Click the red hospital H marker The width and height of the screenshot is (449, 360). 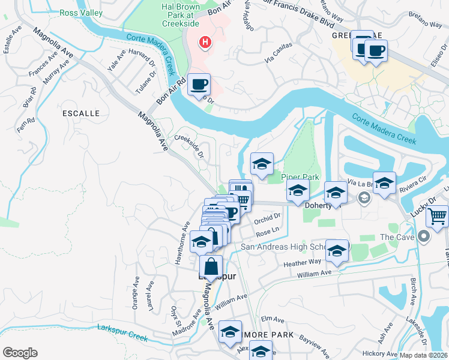[206, 42]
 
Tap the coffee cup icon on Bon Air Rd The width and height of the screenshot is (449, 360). [199, 85]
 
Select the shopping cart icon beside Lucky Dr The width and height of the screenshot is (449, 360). [438, 215]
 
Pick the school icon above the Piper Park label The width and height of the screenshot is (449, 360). [262, 164]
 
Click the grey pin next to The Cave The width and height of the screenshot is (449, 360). [425, 237]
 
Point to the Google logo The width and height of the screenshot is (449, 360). [20, 353]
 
